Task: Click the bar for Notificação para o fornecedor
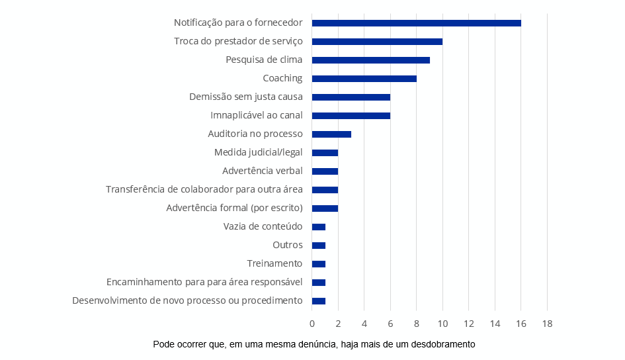[416, 23]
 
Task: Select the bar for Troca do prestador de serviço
[377, 42]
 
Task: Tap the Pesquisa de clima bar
[370, 60]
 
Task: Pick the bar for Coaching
[364, 79]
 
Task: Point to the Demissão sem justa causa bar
[351, 97]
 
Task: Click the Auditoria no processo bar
[331, 134]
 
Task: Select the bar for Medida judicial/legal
[325, 153]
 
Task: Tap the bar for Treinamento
[319, 264]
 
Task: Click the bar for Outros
[319, 246]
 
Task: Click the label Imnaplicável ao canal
[257, 115]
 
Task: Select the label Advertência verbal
[263, 171]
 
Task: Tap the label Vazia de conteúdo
[263, 226]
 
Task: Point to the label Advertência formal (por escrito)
[235, 208]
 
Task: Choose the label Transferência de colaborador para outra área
[204, 189]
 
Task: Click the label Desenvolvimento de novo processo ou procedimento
[187, 300]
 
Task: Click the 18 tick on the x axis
[547, 324]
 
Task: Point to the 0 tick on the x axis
[312, 324]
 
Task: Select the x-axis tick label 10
[442, 324]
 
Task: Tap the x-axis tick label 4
[364, 324]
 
